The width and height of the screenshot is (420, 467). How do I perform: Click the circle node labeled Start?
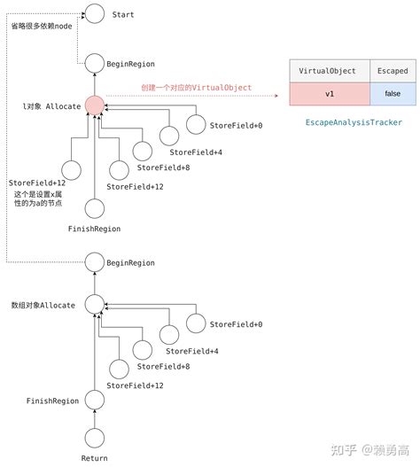tap(94, 15)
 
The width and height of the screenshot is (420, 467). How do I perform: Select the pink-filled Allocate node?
tap(95, 105)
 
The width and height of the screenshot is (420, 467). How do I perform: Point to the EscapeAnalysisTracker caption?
tap(354, 121)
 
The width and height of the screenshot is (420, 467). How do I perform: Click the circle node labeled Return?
tap(94, 436)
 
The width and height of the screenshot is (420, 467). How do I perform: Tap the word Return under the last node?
tap(94, 457)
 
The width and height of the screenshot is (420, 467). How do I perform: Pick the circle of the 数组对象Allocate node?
tap(94, 304)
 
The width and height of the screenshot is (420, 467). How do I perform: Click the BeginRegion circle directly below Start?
tap(94, 63)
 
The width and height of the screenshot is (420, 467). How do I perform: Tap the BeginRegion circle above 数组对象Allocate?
tap(94, 261)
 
